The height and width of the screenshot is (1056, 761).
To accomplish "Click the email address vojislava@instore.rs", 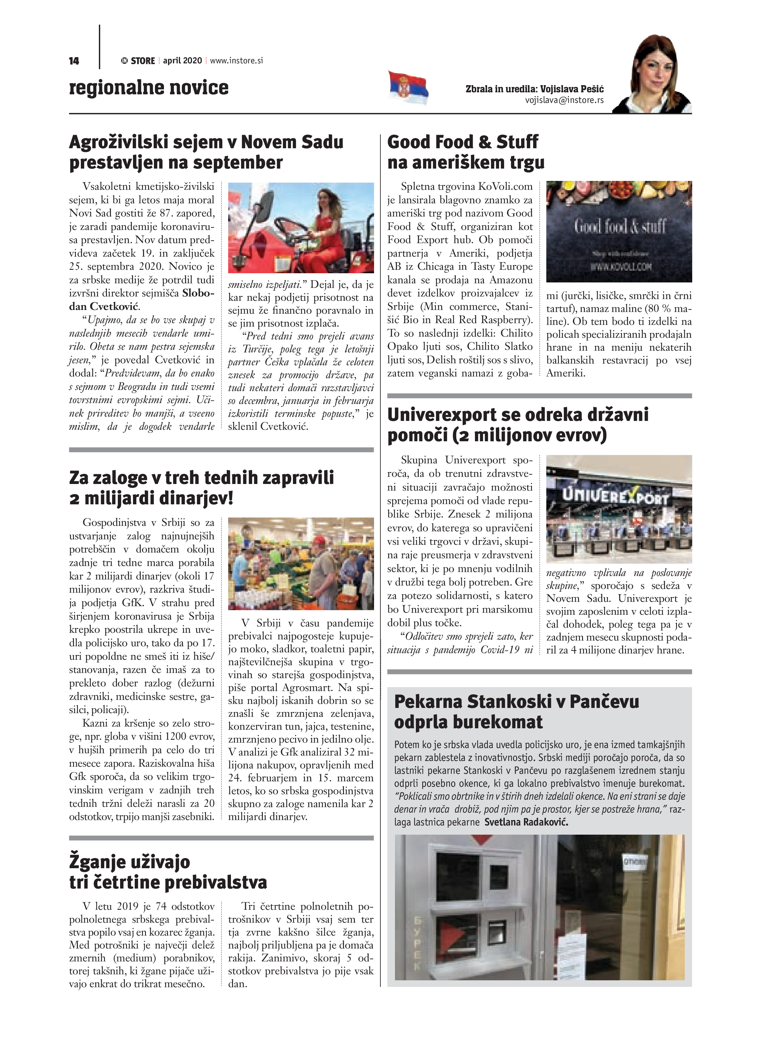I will tap(564, 100).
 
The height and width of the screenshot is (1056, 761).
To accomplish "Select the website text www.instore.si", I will tap(236, 60).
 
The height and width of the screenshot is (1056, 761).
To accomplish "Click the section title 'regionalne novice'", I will tap(148, 87).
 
